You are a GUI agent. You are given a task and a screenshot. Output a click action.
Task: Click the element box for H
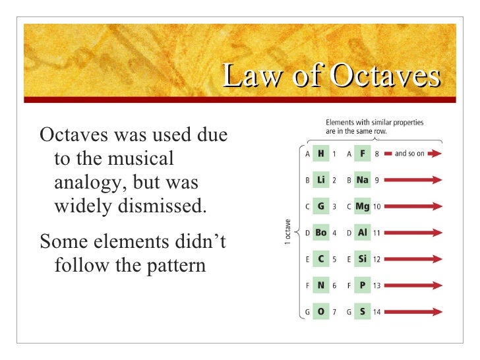coord(320,154)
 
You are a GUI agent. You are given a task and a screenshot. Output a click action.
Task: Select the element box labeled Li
coord(320,179)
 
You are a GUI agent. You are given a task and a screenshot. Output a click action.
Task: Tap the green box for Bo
coord(320,233)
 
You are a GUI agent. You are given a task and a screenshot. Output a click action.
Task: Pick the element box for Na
coord(363,179)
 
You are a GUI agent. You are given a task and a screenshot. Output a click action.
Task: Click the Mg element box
coord(363,206)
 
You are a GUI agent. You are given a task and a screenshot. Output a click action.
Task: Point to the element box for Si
coord(363,259)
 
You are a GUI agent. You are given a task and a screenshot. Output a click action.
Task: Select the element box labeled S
coord(363,311)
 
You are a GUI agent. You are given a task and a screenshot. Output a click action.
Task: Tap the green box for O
coord(320,311)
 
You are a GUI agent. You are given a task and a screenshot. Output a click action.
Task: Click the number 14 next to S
coord(376,311)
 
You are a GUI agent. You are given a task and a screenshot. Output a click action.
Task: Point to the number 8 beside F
coord(376,154)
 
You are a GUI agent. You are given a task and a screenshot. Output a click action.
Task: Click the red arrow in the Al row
coord(413,233)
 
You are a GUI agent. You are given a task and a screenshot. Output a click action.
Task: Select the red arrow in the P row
coord(413,285)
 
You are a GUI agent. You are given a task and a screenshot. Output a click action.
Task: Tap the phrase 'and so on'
coord(409,154)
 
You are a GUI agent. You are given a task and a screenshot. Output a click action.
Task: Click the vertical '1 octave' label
coord(287,232)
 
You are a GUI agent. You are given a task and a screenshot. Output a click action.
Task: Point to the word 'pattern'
coord(172,266)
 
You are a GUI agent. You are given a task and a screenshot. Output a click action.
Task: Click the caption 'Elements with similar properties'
coord(375,122)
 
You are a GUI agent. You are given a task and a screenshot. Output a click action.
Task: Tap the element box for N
coord(320,285)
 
